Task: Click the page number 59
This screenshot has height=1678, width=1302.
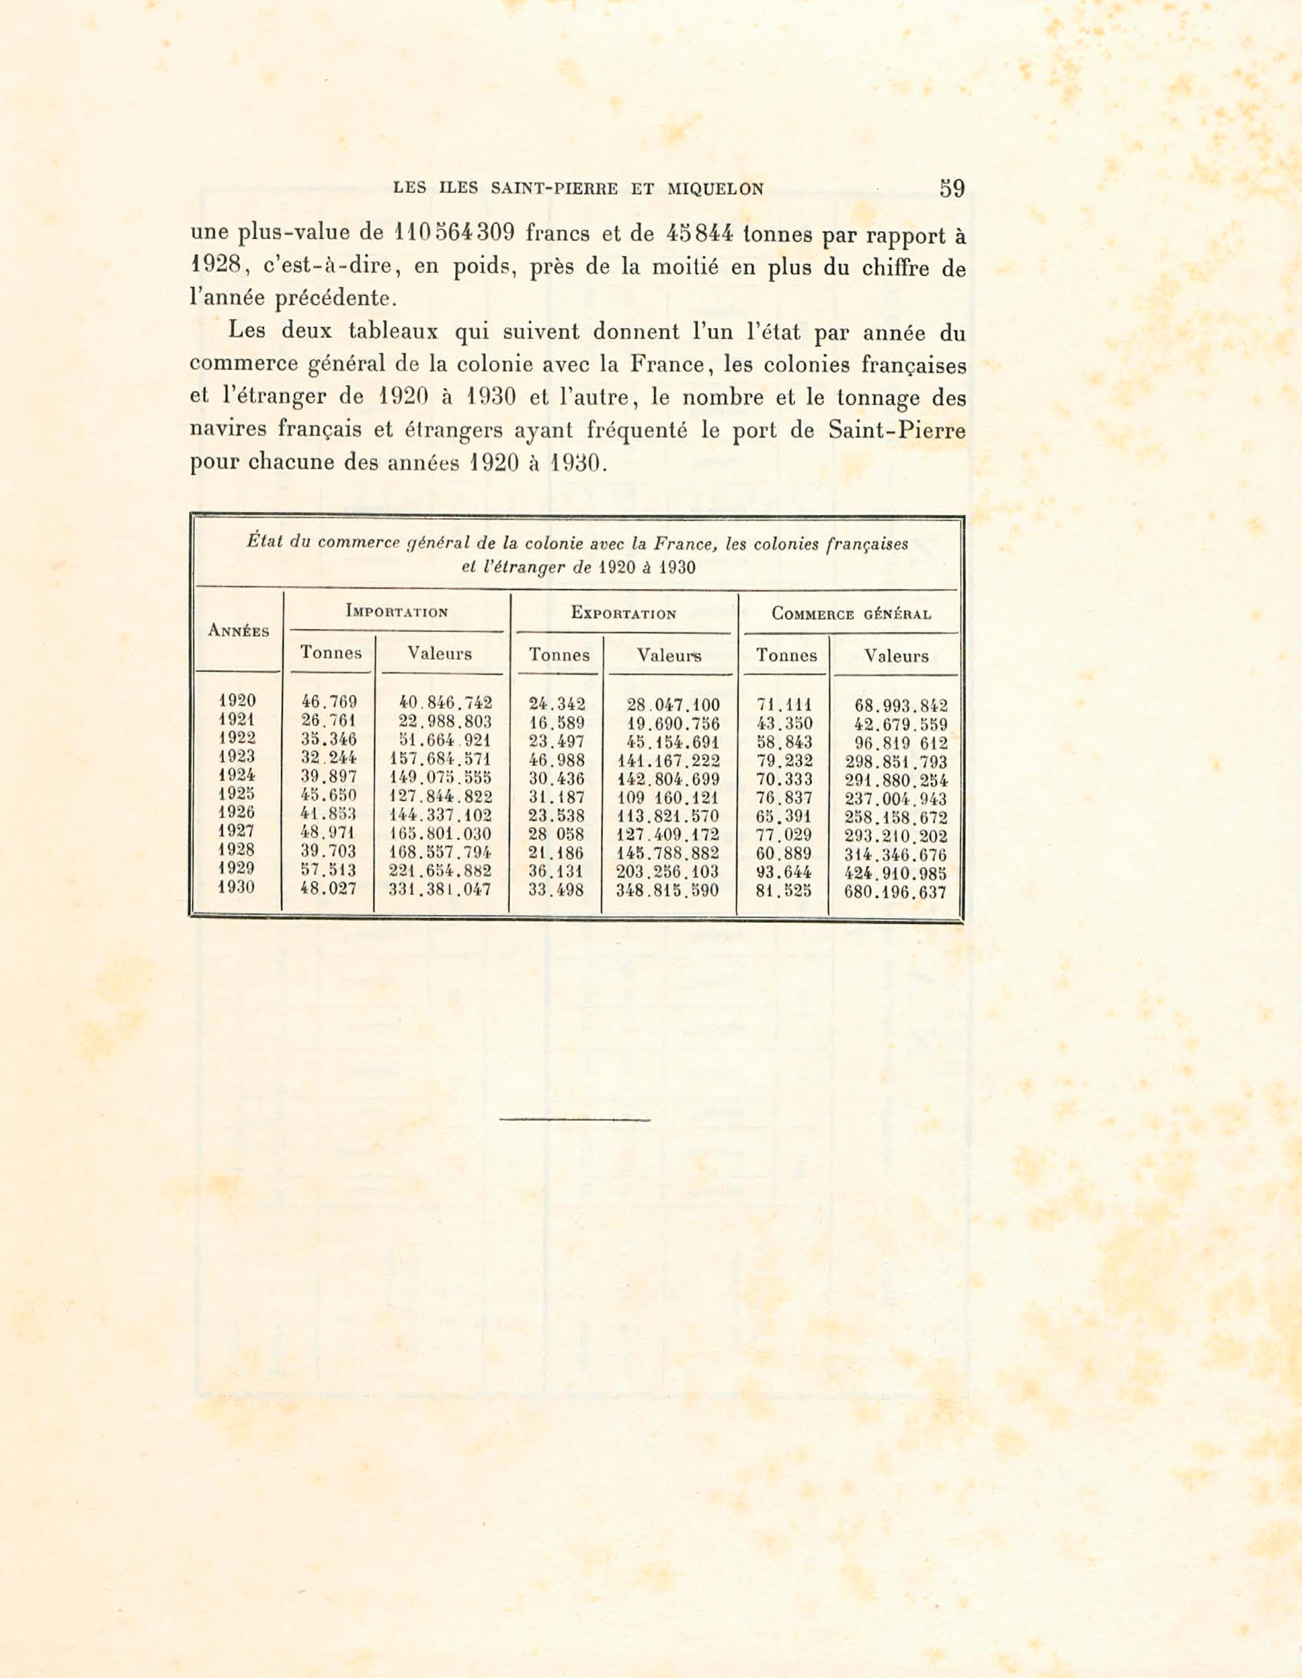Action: click(x=952, y=188)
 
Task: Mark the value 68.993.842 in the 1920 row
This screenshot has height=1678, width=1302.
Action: click(x=900, y=705)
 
